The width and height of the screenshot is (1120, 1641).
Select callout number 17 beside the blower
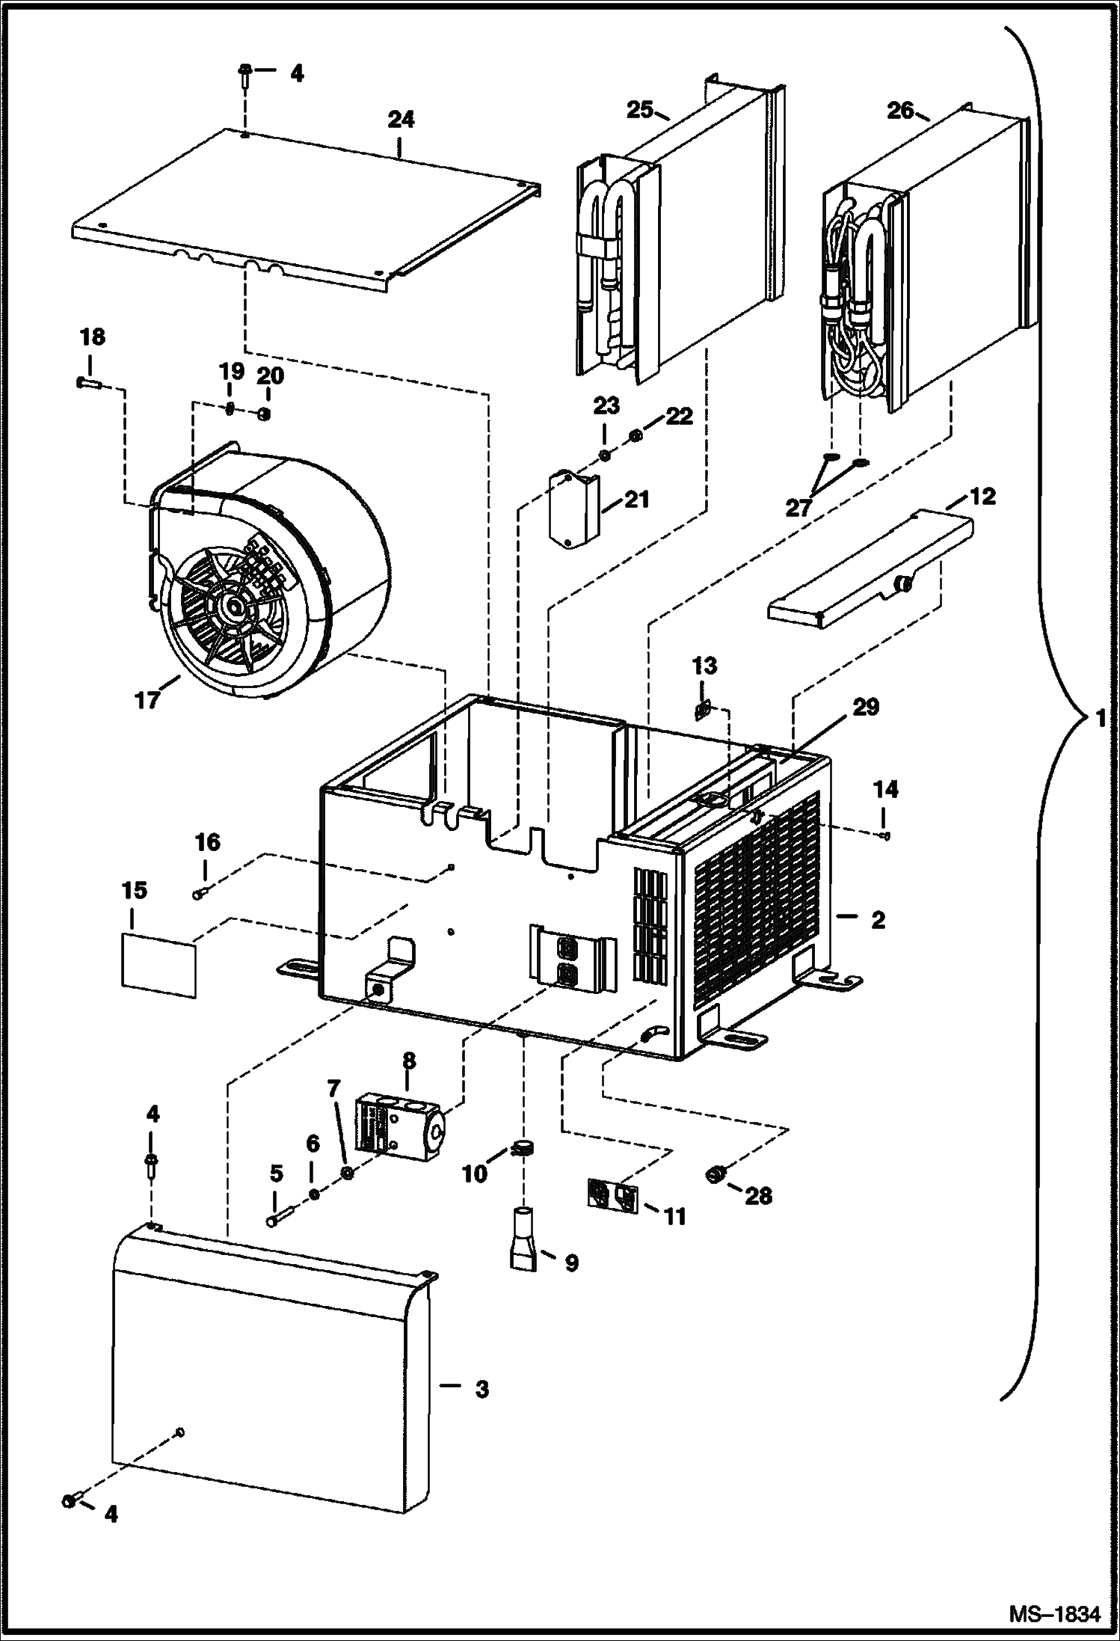point(147,700)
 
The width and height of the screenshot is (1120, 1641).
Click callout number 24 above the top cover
point(401,120)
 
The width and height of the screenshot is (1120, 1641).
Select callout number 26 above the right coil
point(900,110)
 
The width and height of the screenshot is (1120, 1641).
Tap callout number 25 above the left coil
point(639,110)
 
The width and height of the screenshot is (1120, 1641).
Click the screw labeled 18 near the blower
point(88,384)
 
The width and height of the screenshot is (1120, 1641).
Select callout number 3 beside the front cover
point(481,1389)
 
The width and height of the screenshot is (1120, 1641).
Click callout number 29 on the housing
point(866,707)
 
